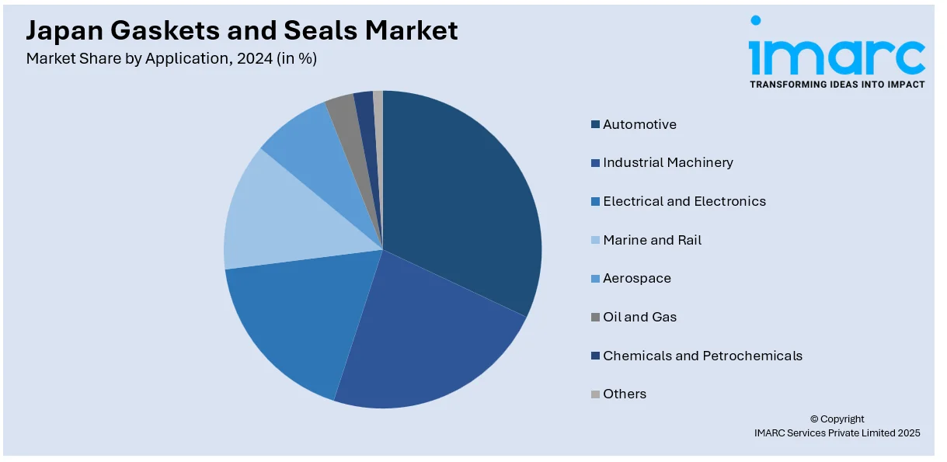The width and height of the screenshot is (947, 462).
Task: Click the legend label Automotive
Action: point(639,124)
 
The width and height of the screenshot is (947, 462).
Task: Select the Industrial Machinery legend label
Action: point(667,162)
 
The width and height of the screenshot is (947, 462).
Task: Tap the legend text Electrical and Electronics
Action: point(684,201)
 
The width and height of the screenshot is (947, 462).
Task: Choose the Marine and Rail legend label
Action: point(652,240)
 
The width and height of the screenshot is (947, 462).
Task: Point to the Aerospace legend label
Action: point(636,278)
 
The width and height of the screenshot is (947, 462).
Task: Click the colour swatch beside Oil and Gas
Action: point(595,317)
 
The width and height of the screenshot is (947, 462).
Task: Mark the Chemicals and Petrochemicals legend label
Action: point(702,356)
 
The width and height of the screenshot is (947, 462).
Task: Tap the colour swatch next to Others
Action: point(595,394)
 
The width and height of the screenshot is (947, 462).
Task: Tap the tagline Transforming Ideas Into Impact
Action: point(837,84)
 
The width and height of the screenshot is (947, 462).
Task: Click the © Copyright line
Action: point(837,419)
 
